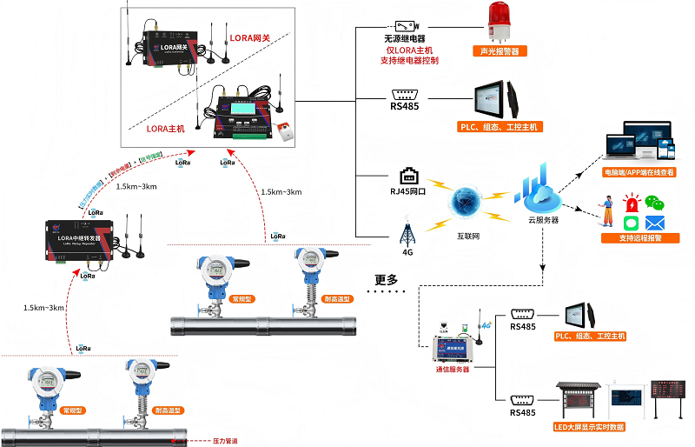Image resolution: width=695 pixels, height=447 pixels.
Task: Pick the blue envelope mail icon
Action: tap(654, 223)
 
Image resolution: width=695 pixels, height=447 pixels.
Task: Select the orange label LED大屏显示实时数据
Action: tap(590, 427)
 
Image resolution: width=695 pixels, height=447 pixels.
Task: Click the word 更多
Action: tap(387, 280)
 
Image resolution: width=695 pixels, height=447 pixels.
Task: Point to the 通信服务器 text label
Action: tap(452, 370)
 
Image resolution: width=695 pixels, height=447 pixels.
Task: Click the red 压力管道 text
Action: tap(226, 441)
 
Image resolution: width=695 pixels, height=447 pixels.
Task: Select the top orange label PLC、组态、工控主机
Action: tap(500, 127)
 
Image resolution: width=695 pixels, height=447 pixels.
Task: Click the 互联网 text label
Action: tap(470, 236)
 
